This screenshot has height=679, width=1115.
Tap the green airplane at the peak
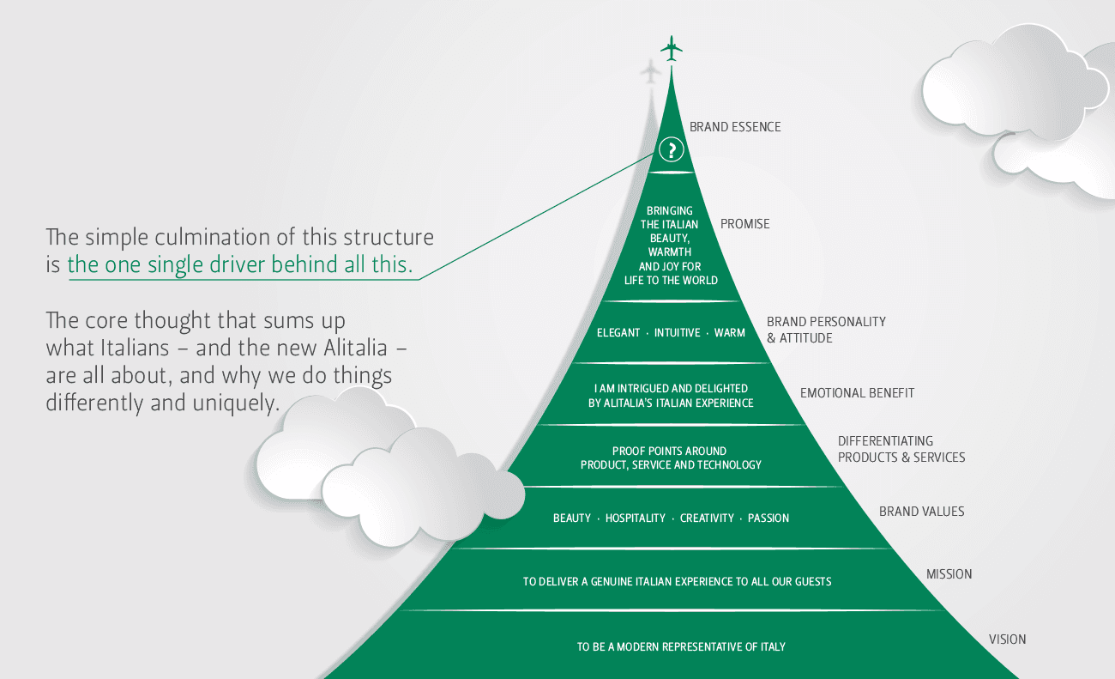[672, 48]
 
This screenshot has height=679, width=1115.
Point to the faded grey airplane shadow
[652, 72]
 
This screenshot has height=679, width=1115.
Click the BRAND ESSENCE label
[735, 127]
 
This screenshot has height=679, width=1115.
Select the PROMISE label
[744, 224]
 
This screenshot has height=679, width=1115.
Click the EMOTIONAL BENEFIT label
[857, 393]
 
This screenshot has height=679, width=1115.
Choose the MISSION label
[949, 574]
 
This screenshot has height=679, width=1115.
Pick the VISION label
[1007, 640]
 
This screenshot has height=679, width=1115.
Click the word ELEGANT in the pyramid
[618, 332]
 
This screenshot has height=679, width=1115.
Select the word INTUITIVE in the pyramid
[677, 332]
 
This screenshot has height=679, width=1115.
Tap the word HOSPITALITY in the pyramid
[635, 518]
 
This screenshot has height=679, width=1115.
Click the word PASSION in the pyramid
[768, 518]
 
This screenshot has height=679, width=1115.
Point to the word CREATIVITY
[707, 518]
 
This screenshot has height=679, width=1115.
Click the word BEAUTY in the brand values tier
[571, 518]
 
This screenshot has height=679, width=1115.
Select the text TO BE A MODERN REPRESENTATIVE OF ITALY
[681, 646]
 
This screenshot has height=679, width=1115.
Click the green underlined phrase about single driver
[240, 265]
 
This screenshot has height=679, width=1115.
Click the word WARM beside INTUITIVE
[729, 332]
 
